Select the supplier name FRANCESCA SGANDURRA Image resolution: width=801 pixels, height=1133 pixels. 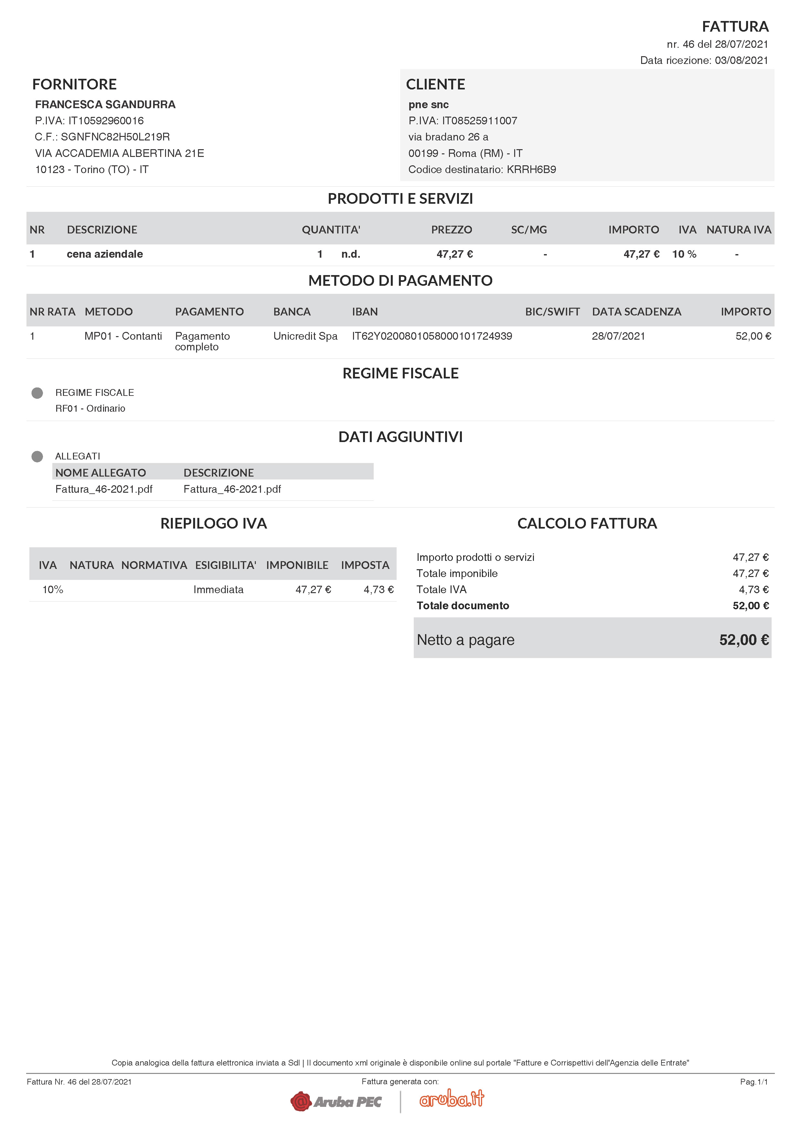pyautogui.click(x=105, y=105)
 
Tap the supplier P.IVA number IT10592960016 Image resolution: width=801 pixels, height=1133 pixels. pyautogui.click(x=106, y=121)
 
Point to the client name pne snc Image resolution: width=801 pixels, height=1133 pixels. pyautogui.click(x=428, y=105)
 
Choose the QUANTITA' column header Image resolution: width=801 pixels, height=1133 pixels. pyautogui.click(x=331, y=230)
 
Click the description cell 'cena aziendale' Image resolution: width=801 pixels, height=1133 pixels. pyautogui.click(x=105, y=254)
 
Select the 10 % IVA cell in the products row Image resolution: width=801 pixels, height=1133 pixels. pyautogui.click(x=684, y=254)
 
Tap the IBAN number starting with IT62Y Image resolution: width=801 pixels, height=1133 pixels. pyautogui.click(x=432, y=336)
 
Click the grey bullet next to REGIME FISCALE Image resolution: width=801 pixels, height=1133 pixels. pyautogui.click(x=37, y=393)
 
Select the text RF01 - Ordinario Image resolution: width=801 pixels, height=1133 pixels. pyautogui.click(x=90, y=408)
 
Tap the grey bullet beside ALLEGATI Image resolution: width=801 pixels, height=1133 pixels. pyautogui.click(x=37, y=457)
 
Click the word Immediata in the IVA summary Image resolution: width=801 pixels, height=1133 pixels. pyautogui.click(x=218, y=590)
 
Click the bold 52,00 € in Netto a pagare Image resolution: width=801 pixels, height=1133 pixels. pyautogui.click(x=744, y=640)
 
